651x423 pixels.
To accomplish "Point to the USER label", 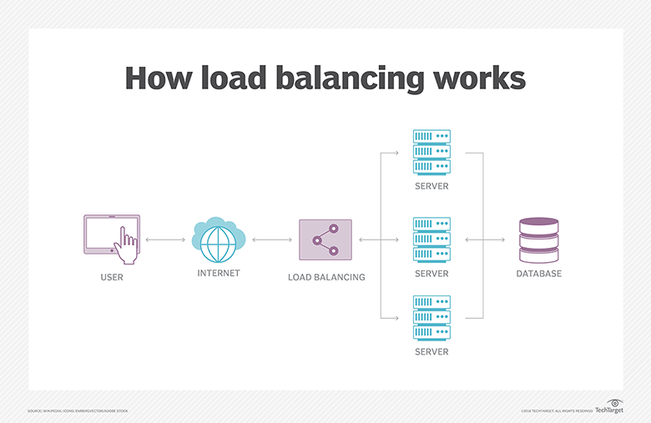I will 111,277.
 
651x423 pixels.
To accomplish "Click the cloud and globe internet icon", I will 219,237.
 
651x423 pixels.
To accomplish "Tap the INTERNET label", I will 219,274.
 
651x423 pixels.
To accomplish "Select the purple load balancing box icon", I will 325,240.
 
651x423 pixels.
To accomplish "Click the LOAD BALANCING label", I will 326,277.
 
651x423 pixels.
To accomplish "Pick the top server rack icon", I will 431,151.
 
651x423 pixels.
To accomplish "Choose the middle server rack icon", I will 431,239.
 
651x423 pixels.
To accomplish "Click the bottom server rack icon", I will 431,317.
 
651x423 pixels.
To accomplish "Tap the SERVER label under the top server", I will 431,186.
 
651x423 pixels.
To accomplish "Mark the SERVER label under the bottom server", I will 431,352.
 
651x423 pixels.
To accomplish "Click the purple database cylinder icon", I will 538,239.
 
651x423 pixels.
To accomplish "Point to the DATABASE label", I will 538,274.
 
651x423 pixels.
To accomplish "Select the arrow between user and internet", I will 165,240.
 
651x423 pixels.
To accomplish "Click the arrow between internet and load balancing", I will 272,240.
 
